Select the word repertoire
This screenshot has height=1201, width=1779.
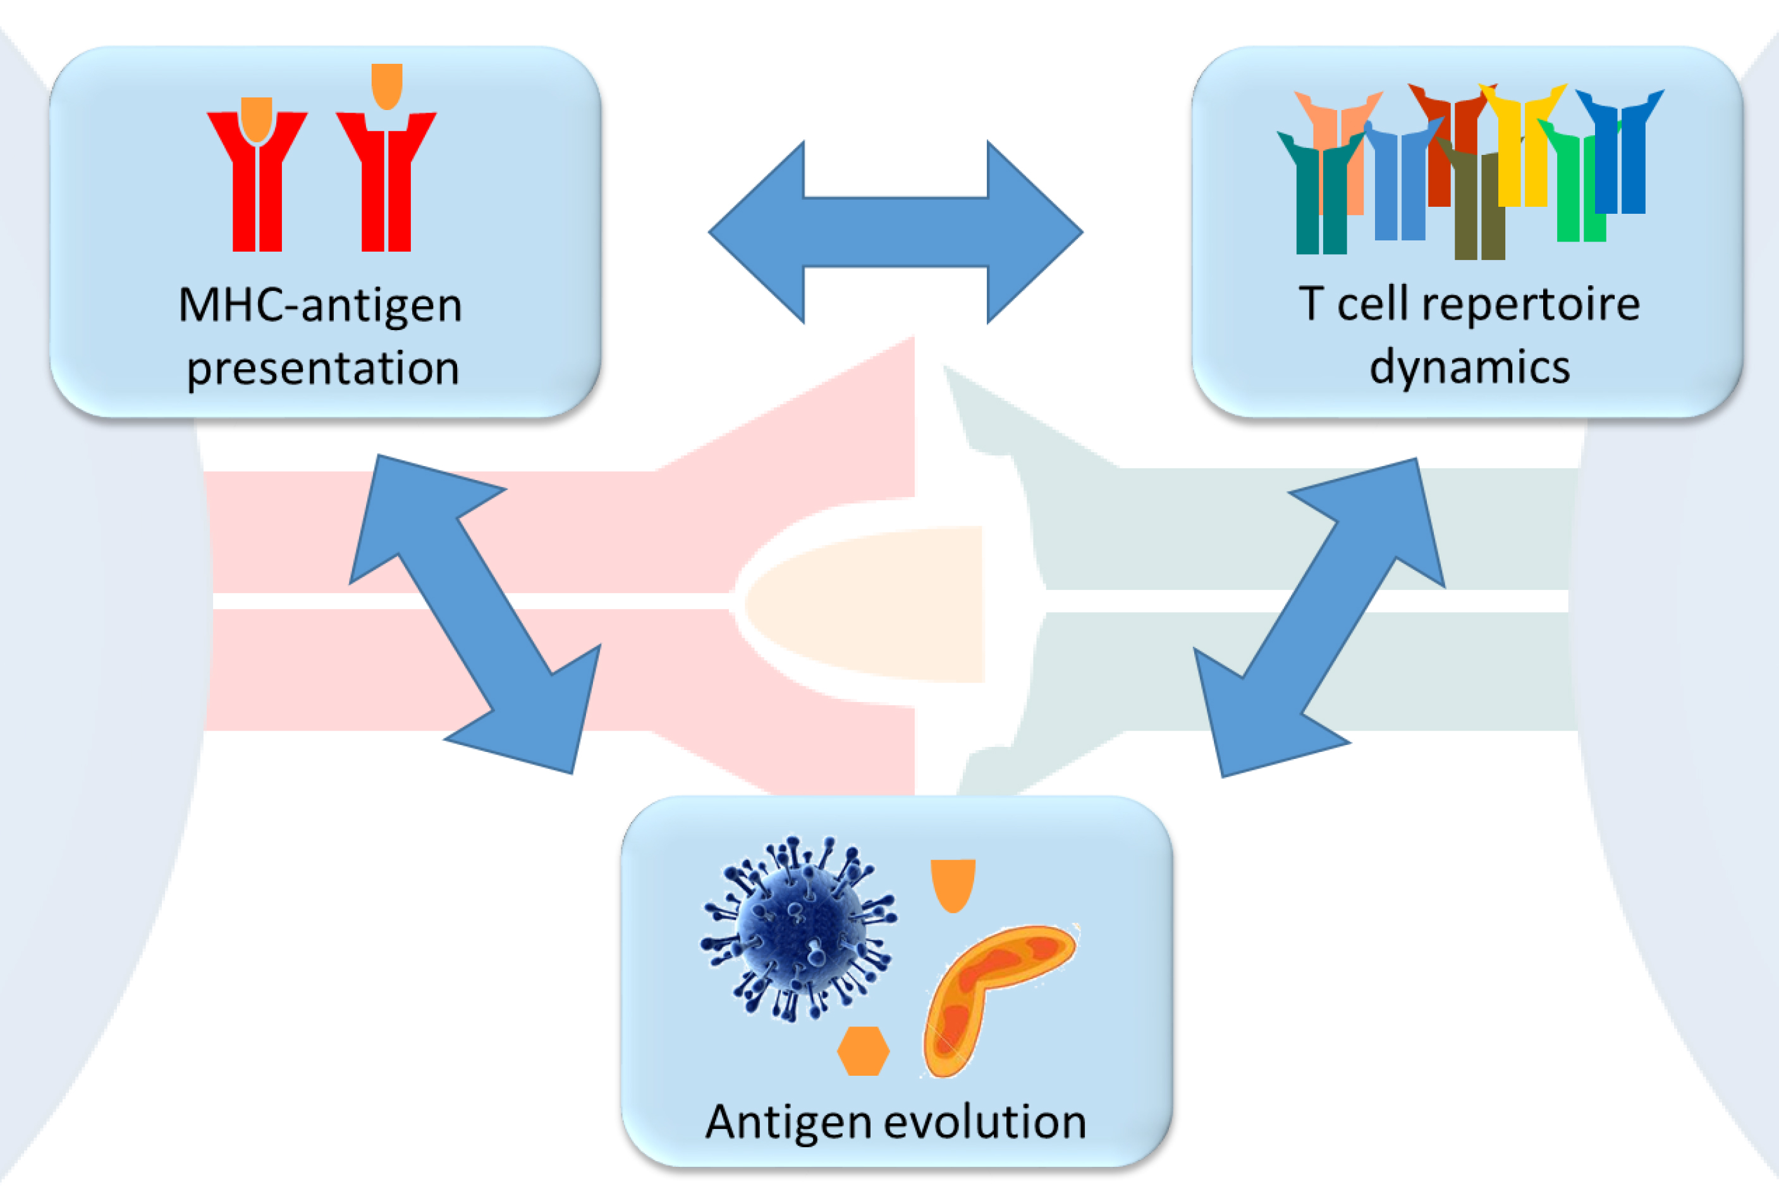pyautogui.click(x=1530, y=305)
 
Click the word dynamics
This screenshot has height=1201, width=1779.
pyautogui.click(x=1470, y=369)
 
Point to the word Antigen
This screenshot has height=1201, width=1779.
pyautogui.click(x=789, y=1123)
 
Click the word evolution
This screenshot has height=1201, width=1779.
pyautogui.click(x=986, y=1123)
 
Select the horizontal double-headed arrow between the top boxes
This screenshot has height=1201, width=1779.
pyautogui.click(x=896, y=232)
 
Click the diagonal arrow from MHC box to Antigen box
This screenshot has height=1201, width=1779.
pyautogui.click(x=475, y=614)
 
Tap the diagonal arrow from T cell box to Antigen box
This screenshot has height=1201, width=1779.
pyautogui.click(x=1319, y=617)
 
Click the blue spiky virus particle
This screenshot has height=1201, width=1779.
pyautogui.click(x=798, y=928)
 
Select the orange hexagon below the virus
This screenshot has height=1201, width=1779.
pyautogui.click(x=864, y=1051)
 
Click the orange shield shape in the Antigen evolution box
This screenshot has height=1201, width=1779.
pyautogui.click(x=953, y=885)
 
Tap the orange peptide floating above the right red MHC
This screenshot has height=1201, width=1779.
pyautogui.click(x=386, y=85)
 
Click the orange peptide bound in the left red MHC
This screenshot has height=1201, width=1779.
pyautogui.click(x=257, y=119)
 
